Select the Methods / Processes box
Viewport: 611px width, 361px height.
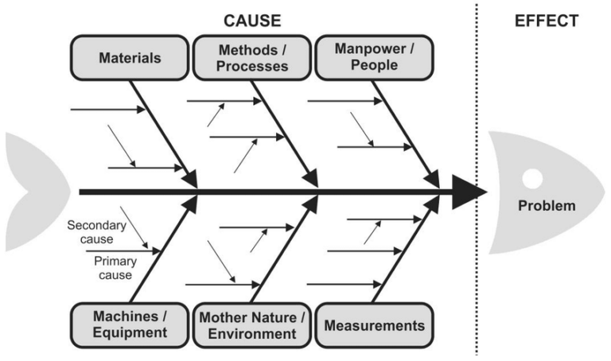pos(251,58)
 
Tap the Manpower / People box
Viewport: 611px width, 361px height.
pos(373,58)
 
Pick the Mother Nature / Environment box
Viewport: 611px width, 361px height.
pos(251,325)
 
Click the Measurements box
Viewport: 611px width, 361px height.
pos(374,325)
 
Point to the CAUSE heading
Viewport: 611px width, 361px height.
pos(252,20)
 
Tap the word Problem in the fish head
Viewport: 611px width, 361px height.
pos(547,206)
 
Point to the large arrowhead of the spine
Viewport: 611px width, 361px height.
pos(469,192)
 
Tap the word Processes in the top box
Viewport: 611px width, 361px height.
pos(251,66)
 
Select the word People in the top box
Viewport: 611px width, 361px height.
pos(373,66)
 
